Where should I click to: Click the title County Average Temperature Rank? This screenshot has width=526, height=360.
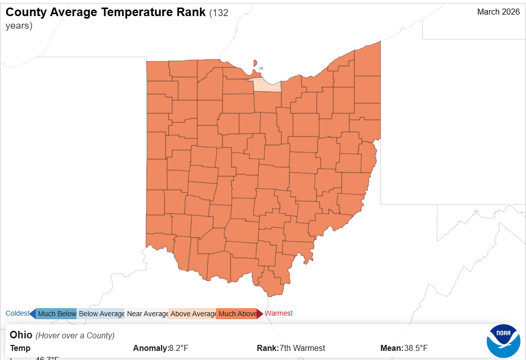pyautogui.click(x=106, y=13)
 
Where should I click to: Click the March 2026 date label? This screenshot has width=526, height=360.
pyautogui.click(x=498, y=12)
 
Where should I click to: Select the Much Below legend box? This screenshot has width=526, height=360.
pyautogui.click(x=57, y=314)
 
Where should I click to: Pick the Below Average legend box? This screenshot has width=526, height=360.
pyautogui.click(x=101, y=314)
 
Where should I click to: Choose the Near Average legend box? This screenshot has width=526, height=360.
pyautogui.click(x=147, y=314)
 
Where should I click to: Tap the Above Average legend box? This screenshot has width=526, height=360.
pyautogui.click(x=193, y=314)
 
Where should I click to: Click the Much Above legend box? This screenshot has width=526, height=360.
pyautogui.click(x=237, y=314)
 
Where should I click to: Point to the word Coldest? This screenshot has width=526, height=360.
pyautogui.click(x=17, y=313)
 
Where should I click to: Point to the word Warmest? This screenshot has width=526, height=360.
pyautogui.click(x=278, y=313)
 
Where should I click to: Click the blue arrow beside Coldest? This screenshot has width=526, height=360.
pyautogui.click(x=33, y=314)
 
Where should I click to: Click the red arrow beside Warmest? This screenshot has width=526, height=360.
pyautogui.click(x=260, y=314)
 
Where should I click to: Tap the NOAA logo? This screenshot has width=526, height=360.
pyautogui.click(x=503, y=341)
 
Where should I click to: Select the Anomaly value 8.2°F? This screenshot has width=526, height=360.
pyautogui.click(x=178, y=348)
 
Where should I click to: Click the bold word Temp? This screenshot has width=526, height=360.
pyautogui.click(x=20, y=348)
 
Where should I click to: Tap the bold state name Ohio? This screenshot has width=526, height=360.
pyautogui.click(x=21, y=335)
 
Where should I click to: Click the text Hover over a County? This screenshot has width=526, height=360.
pyautogui.click(x=75, y=335)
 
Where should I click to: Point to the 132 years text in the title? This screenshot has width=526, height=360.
pyautogui.click(x=218, y=13)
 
